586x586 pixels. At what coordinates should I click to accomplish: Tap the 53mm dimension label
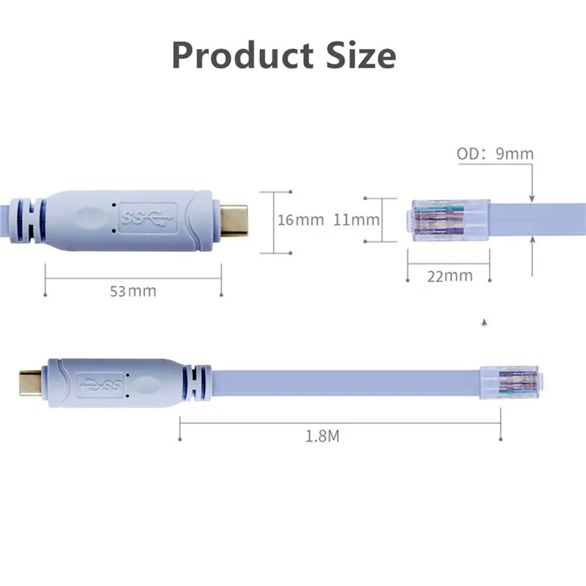tap(133, 292)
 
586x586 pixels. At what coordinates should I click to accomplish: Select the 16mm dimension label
tap(300, 220)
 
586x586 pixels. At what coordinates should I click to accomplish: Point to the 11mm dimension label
tap(356, 220)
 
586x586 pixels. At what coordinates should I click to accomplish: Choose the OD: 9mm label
tap(495, 155)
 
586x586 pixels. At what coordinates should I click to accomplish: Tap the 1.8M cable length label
tap(322, 437)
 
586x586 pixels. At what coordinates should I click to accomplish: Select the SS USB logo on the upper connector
tap(147, 217)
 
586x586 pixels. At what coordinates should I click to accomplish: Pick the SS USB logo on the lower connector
tap(103, 382)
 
